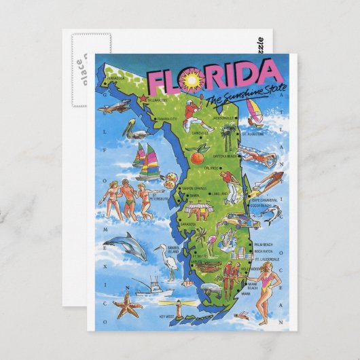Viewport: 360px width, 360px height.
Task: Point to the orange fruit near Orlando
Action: click(196, 157)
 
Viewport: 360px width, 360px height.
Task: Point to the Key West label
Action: click(166, 317)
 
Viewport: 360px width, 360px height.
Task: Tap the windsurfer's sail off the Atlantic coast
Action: click(253, 111)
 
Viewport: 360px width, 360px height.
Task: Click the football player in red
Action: click(196, 112)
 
